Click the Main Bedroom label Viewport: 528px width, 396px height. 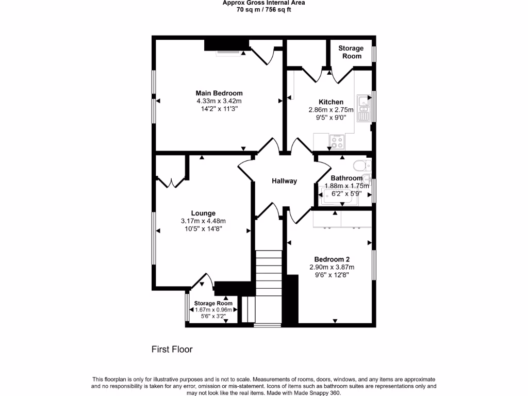point(219,93)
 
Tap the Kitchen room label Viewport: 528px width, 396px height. point(331,102)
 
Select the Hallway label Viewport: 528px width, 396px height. point(284,181)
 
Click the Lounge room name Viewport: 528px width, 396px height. point(203,213)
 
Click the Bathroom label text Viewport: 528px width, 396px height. point(346,178)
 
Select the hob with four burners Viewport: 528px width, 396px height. point(338,142)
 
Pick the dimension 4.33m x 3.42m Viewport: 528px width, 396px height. point(219,101)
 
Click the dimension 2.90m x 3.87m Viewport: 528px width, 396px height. point(329,267)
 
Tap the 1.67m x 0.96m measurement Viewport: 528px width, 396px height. point(213,310)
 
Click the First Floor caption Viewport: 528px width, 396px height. point(172,350)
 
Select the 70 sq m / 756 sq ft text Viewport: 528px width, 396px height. point(263,10)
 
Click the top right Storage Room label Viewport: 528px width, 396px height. point(351,52)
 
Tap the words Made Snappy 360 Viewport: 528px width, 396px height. point(317,393)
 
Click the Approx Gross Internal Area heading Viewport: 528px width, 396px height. point(263,3)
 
